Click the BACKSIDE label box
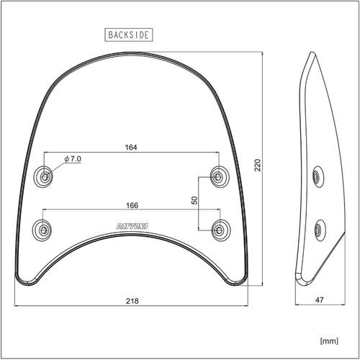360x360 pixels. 129,35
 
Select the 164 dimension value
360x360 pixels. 131,148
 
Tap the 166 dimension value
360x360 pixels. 132,205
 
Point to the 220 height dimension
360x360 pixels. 258,165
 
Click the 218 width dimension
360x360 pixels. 132,301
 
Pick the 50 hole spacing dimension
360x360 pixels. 194,200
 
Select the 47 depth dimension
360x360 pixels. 320,300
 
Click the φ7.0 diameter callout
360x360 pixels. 73,159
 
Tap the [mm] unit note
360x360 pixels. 329,341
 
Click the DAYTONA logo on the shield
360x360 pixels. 132,226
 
